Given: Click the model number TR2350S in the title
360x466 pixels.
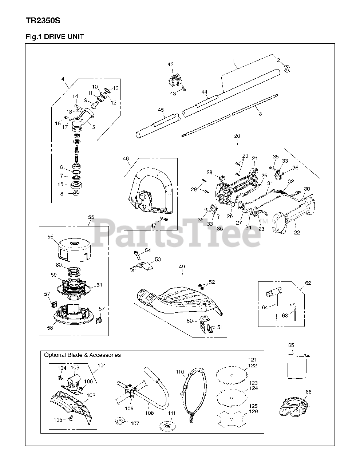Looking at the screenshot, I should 43,20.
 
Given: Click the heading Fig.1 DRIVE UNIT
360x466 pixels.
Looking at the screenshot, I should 55,37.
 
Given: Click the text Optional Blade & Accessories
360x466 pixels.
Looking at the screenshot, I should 82,355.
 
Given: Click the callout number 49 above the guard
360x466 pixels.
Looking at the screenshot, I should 181,267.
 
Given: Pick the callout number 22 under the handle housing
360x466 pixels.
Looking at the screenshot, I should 297,232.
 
